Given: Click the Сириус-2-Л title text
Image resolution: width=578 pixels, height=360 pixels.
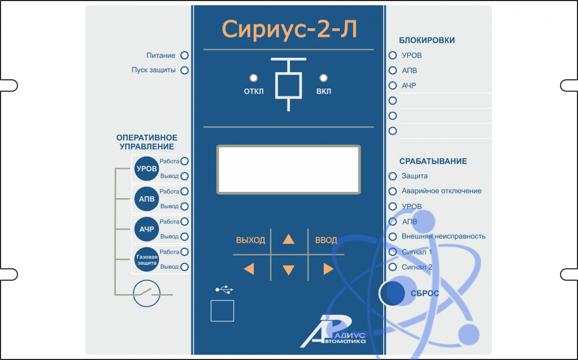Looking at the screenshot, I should tap(289, 30).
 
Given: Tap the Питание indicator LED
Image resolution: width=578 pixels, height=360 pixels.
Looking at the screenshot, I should tap(185, 55).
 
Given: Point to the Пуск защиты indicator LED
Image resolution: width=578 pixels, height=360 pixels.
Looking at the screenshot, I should tap(185, 70).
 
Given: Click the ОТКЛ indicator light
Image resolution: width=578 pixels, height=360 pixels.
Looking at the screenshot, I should tap(253, 78).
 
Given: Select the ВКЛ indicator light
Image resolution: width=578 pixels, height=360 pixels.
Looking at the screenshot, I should tap(324, 78).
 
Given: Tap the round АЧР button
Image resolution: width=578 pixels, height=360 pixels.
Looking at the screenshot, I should tap(146, 229).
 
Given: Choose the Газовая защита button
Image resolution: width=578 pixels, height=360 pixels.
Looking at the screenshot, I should tap(146, 259).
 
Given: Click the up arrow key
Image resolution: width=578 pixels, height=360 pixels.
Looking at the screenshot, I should tap(288, 240).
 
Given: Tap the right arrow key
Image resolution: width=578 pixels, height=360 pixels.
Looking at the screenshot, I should tap(328, 269).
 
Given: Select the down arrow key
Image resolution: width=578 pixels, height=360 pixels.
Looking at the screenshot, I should tap(288, 270).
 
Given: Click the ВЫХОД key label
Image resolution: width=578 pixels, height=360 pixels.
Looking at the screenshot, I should tap(250, 240).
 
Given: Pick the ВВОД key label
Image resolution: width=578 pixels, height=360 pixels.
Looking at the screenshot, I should tap(326, 240).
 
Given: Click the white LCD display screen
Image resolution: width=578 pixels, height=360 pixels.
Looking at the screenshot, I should tap(288, 169).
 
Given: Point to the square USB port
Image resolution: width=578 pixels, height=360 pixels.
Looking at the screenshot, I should tap(222, 311).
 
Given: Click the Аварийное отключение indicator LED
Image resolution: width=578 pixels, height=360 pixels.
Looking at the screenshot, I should tap(393, 191).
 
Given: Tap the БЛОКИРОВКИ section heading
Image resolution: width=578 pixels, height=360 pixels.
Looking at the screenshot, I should tap(427, 40).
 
